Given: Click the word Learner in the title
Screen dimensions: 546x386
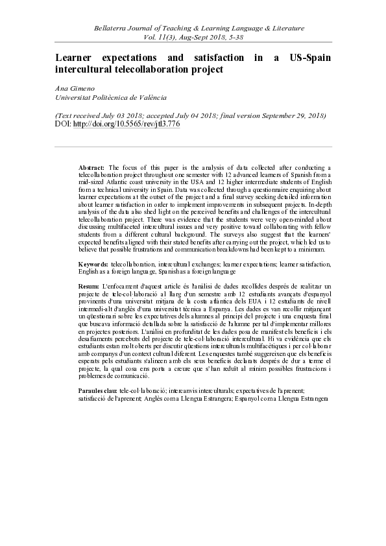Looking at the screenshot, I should coord(77,58).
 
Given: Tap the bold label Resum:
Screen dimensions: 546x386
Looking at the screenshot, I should coord(90,286).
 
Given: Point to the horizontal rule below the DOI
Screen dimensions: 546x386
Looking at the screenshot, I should coord(193,147).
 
